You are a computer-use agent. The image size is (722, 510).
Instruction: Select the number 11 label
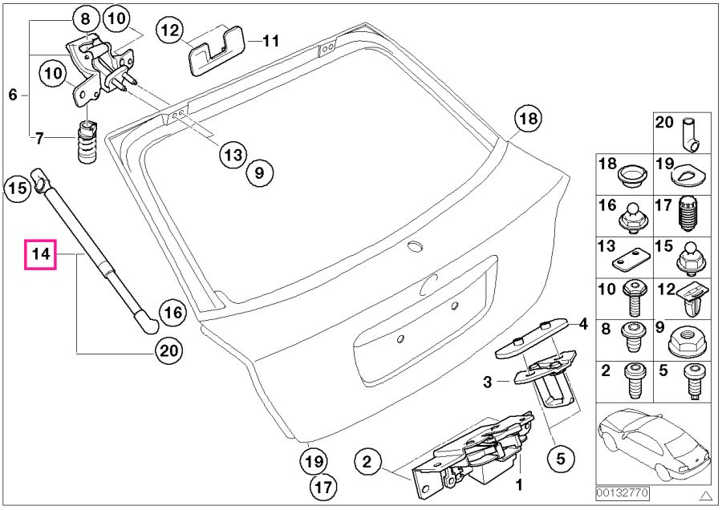tap(271, 40)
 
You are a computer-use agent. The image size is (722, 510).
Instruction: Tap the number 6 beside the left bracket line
tap(13, 95)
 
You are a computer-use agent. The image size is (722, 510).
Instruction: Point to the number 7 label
tap(39, 138)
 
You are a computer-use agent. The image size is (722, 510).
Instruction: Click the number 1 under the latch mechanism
tap(519, 484)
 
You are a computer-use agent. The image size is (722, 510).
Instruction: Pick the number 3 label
tap(487, 383)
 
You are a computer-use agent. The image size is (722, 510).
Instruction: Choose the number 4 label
tap(584, 325)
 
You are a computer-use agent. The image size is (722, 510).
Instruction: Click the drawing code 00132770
tap(622, 492)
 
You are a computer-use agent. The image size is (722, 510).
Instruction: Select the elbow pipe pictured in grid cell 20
tap(690, 134)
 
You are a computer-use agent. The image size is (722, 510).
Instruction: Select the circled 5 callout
tap(561, 459)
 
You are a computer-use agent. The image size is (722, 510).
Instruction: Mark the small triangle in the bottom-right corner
tap(704, 494)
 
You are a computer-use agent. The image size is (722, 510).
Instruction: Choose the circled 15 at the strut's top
tap(17, 189)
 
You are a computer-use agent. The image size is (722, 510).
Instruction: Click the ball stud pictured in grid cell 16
tap(633, 217)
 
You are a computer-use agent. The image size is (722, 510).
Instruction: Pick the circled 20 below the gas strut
tap(169, 350)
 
